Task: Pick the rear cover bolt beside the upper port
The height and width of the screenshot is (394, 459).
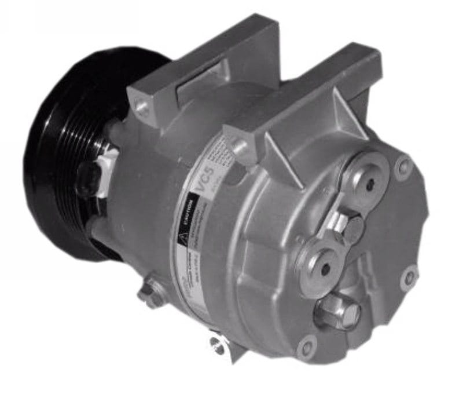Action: [403, 168]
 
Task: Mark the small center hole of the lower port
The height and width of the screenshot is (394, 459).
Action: [325, 268]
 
